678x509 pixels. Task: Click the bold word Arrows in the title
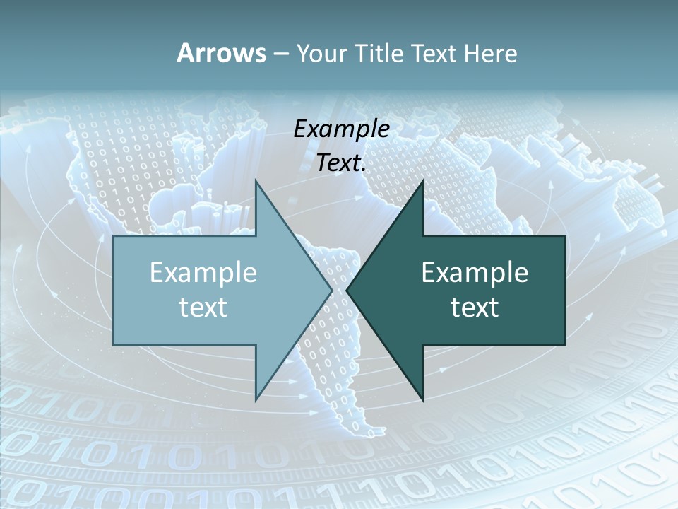tap(221, 53)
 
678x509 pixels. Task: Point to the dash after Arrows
tap(280, 54)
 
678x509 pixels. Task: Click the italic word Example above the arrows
tap(341, 129)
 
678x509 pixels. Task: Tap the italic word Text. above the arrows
tap(341, 163)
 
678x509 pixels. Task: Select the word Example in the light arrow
tap(203, 272)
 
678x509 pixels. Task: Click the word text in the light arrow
tap(203, 307)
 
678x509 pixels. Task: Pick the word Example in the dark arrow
tap(475, 272)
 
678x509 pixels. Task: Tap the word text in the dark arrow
tap(475, 307)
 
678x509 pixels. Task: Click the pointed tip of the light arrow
tap(333, 290)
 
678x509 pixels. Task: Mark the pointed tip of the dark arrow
tap(347, 290)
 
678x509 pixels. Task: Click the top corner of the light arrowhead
tap(256, 180)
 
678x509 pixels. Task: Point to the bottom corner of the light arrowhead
tap(256, 400)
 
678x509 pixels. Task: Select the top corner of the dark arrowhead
tap(422, 180)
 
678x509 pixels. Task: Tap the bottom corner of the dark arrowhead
tap(422, 400)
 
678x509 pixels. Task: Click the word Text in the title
tap(433, 53)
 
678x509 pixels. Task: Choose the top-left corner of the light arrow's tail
tap(114, 236)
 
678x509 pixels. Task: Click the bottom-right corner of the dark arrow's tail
tap(565, 345)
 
